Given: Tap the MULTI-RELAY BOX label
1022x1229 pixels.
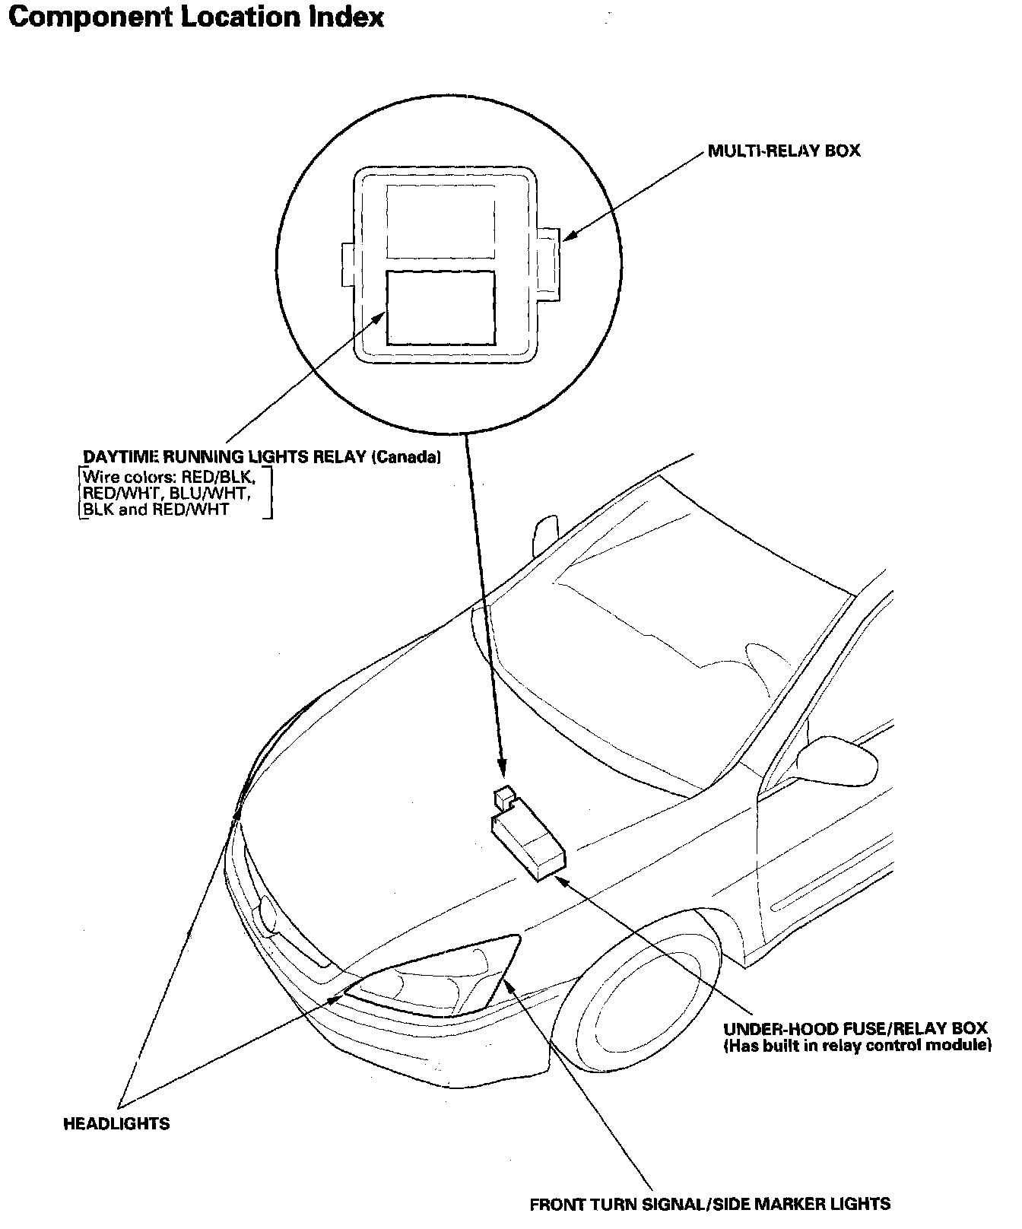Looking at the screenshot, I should tap(783, 151).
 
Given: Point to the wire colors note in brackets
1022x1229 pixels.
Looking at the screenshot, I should tap(175, 494).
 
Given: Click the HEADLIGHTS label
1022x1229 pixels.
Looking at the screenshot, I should tap(116, 1123).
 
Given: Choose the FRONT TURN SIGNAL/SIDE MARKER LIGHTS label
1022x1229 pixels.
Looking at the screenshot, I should tap(709, 1204).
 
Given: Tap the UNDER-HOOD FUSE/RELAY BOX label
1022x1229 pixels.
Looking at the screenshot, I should tap(855, 1029).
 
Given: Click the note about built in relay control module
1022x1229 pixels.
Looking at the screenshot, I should tap(857, 1046).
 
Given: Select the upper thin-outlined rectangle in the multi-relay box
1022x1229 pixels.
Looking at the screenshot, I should tap(441, 221).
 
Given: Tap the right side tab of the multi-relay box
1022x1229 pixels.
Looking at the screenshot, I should tap(549, 259).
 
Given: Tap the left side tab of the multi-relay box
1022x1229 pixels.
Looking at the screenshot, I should tap(348, 265).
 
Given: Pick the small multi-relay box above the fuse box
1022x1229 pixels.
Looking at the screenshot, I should tap(504, 796).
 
